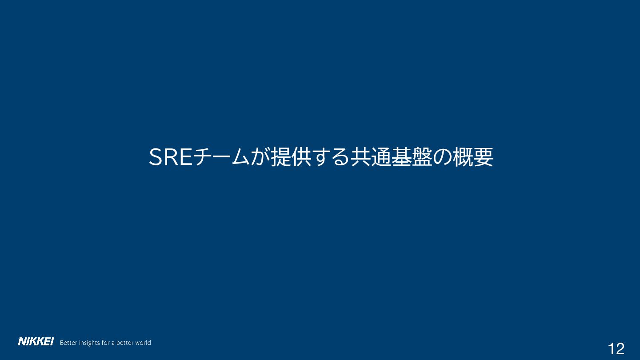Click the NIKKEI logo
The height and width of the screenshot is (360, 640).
(36, 341)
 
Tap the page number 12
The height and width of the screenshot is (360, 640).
(616, 349)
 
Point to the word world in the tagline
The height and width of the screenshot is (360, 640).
(143, 343)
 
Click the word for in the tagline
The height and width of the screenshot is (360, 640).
(106, 343)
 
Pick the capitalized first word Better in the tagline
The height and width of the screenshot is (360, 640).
(68, 343)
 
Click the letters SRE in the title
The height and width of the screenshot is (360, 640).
(171, 157)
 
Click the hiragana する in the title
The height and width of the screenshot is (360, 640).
(330, 157)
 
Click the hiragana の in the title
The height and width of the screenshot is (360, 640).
(442, 157)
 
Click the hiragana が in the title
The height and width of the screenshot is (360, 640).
(260, 157)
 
